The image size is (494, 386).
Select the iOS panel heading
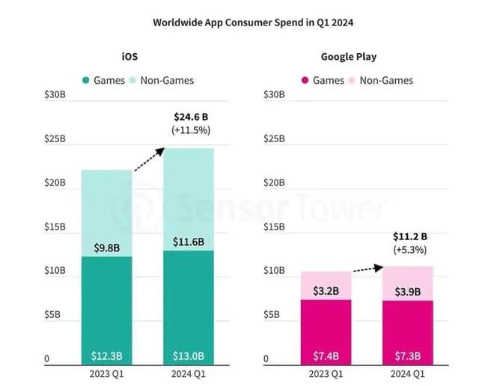coord(128,57)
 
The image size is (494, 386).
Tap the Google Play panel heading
coord(349,57)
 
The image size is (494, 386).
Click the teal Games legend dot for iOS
coord(86,80)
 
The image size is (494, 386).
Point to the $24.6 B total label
coord(192,117)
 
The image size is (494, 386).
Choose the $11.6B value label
coord(188,244)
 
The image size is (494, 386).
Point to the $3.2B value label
coord(326,290)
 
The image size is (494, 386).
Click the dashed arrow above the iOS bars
coord(149,159)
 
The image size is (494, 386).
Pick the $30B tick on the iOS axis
coord(55,95)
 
